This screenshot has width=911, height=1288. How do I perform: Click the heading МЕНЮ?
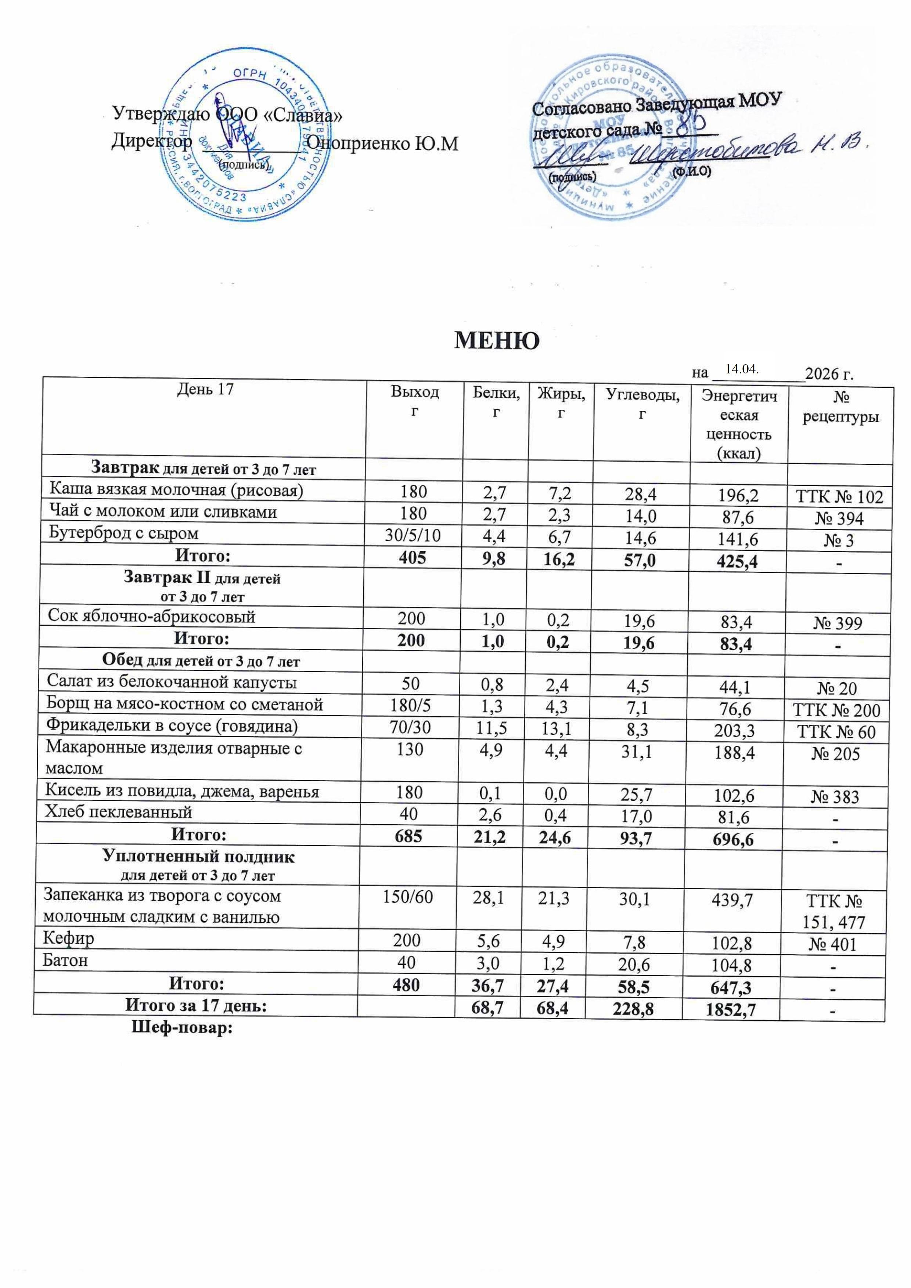click(x=496, y=340)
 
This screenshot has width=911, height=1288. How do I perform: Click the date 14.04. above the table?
click(x=742, y=370)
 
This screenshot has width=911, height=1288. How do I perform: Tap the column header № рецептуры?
click(x=840, y=407)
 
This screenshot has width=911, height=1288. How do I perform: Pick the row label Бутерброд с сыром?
click(x=124, y=533)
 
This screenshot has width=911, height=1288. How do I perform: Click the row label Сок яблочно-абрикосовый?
click(x=152, y=617)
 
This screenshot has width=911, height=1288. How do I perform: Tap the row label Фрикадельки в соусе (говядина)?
click(x=172, y=727)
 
